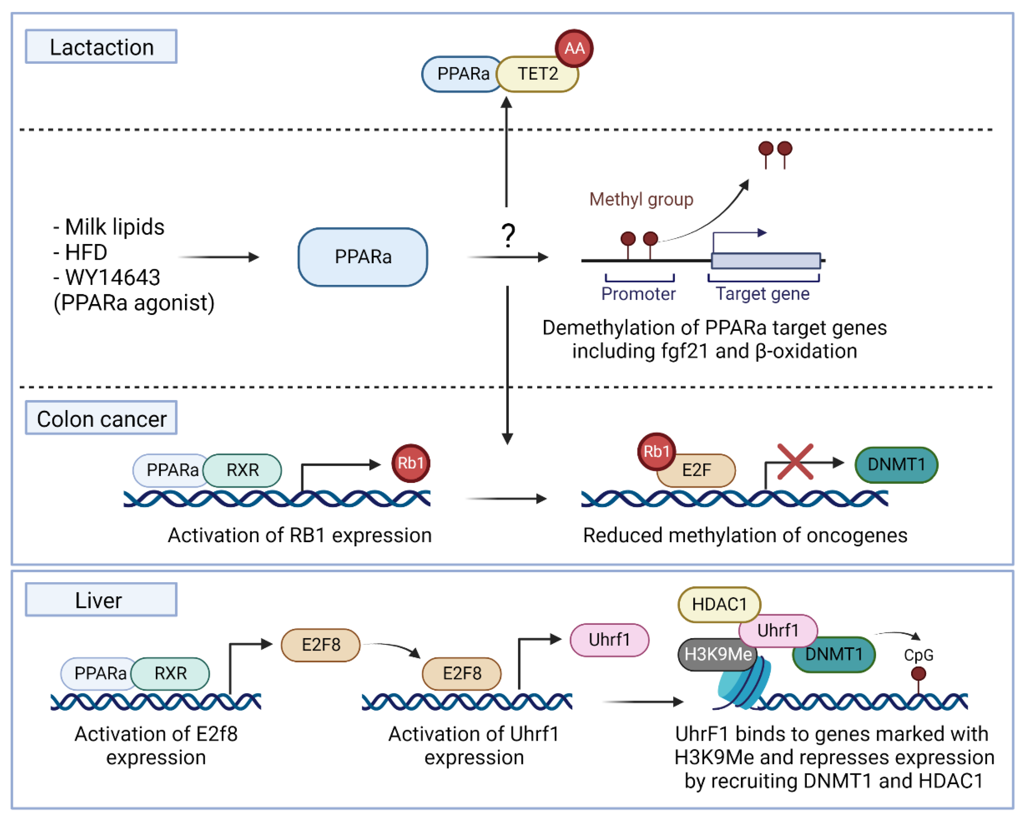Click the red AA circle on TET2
(574, 48)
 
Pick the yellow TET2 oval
(538, 74)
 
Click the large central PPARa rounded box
(363, 257)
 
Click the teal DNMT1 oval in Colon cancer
(896, 464)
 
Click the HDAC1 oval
(719, 604)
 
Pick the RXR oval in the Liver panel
(170, 673)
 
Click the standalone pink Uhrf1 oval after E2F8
(609, 640)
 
